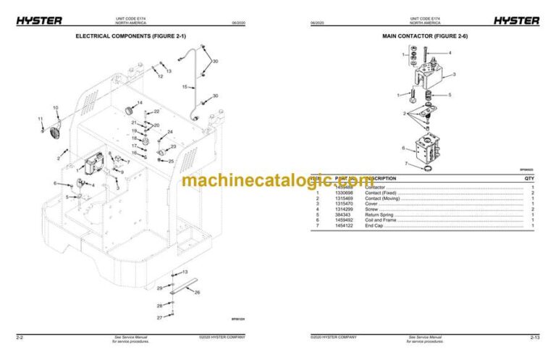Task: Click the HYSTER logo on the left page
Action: point(39,20)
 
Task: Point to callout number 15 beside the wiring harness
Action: point(184,87)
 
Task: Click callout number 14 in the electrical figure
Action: point(140,102)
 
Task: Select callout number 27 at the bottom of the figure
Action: point(160,318)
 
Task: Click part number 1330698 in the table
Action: point(344,193)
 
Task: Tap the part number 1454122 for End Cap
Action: point(344,227)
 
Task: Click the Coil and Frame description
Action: point(382,221)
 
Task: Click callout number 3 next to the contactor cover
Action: point(453,75)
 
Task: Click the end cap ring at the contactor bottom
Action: point(429,169)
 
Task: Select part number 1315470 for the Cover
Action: point(344,204)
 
